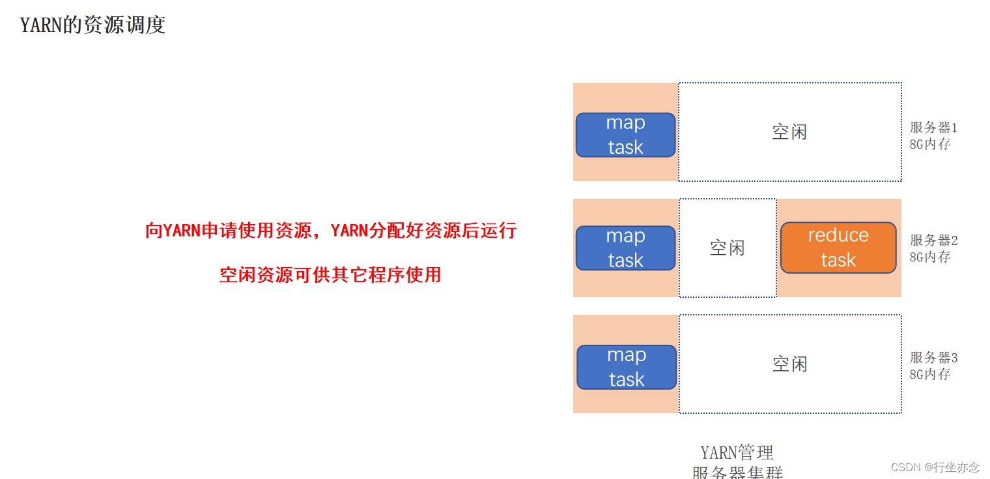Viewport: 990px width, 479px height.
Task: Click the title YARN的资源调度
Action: pyautogui.click(x=93, y=25)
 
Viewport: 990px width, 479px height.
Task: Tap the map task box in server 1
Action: pyautogui.click(x=625, y=135)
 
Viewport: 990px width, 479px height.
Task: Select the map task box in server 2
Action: pyautogui.click(x=625, y=248)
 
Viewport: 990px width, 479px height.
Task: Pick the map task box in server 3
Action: pyautogui.click(x=627, y=367)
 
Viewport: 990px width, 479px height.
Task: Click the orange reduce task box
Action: pyautogui.click(x=838, y=248)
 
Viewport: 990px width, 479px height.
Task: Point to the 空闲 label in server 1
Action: pyautogui.click(x=789, y=132)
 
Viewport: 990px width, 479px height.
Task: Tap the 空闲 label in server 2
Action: pyautogui.click(x=727, y=248)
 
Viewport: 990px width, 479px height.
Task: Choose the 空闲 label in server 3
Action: pyautogui.click(x=789, y=364)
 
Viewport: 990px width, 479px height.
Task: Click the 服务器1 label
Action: pyautogui.click(x=933, y=128)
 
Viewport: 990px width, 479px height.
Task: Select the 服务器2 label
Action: pyautogui.click(x=933, y=240)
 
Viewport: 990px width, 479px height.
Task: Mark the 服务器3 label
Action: pyautogui.click(x=933, y=358)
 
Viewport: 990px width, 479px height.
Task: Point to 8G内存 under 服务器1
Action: pyautogui.click(x=930, y=145)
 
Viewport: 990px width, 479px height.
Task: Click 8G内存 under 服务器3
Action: pyautogui.click(x=930, y=375)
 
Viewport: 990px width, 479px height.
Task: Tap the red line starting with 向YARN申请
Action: pyautogui.click(x=331, y=231)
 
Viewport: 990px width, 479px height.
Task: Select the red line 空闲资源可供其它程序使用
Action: pyautogui.click(x=330, y=275)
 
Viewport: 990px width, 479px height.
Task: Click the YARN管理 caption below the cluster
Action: pyautogui.click(x=737, y=452)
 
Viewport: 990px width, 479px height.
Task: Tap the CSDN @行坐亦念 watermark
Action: pyautogui.click(x=935, y=467)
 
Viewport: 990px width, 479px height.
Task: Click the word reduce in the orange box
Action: pyautogui.click(x=838, y=235)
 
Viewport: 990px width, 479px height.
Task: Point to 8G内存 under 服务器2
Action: pyautogui.click(x=930, y=257)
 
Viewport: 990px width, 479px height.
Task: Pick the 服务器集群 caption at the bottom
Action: pyautogui.click(x=737, y=472)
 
